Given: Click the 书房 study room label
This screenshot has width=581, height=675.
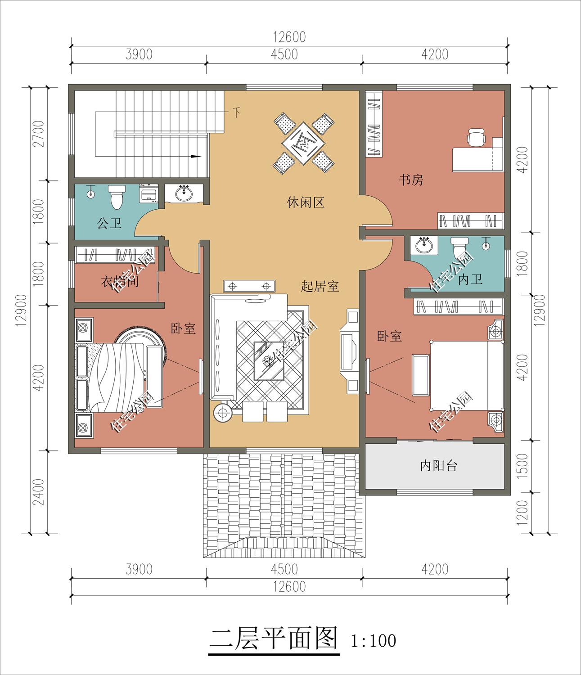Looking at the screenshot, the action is [x=411, y=180].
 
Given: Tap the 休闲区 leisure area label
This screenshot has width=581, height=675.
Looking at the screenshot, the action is [x=306, y=202].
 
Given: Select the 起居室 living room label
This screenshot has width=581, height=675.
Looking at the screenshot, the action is [x=320, y=286].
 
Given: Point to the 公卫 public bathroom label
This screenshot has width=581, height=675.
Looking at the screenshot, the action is [x=109, y=223].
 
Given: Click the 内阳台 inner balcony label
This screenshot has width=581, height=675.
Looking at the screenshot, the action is [x=438, y=466].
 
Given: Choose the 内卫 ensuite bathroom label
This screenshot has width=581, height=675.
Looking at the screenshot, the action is [x=470, y=279].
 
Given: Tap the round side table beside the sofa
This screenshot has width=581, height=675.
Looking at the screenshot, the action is [x=223, y=413].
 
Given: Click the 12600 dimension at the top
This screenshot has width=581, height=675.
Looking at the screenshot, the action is [x=289, y=37].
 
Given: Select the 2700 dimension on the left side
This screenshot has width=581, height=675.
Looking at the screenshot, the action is [x=39, y=134].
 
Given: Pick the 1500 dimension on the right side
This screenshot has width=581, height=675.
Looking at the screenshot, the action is [x=522, y=466].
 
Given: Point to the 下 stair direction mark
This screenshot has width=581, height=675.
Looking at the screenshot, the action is [x=237, y=112].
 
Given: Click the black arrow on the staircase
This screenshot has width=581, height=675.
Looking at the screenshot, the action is [x=195, y=156].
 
